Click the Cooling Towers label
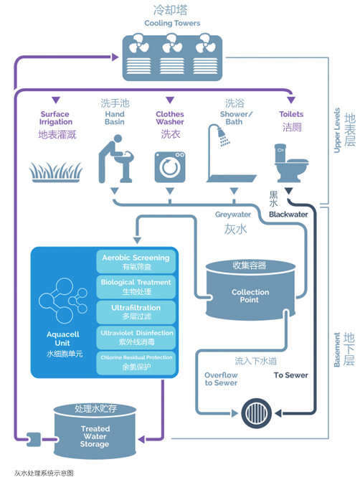pyautogui.click(x=172, y=23)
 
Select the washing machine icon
pyautogui.click(x=170, y=167)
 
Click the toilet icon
pyautogui.click(x=291, y=163)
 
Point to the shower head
pyautogui.click(x=222, y=133)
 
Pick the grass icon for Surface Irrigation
pyautogui.click(x=56, y=172)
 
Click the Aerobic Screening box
pyautogui.click(x=136, y=262)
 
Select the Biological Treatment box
pyautogui.click(x=136, y=287)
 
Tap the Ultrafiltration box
pyautogui.click(x=136, y=312)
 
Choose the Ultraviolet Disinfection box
pyautogui.click(x=136, y=337)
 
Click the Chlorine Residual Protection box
pyautogui.click(x=136, y=362)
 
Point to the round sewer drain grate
pyautogui.click(x=257, y=413)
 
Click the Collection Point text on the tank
pyautogui.click(x=250, y=296)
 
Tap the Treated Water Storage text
pyautogui.click(x=95, y=436)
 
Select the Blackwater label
pyautogui.click(x=288, y=215)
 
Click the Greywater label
pyautogui.click(x=233, y=215)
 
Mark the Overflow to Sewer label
pyautogui.click(x=221, y=379)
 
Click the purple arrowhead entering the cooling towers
pyautogui.click(x=115, y=57)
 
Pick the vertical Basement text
pyautogui.click(x=337, y=349)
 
